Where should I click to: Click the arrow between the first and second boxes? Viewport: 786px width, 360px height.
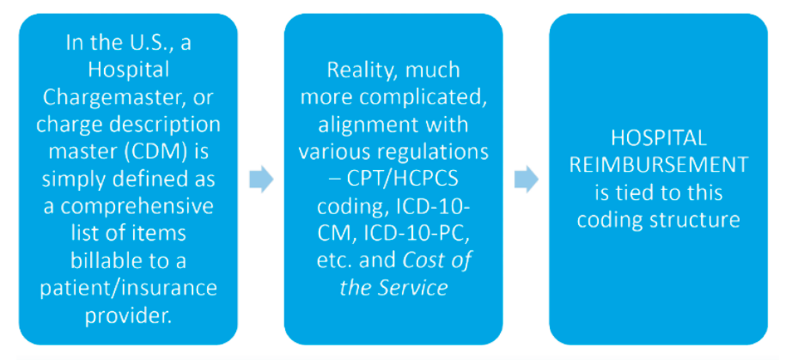click(x=261, y=179)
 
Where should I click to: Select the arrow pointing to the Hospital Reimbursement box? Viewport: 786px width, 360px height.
click(x=526, y=179)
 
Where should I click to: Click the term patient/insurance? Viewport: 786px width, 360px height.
click(x=128, y=290)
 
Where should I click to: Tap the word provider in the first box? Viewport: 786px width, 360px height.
click(x=128, y=317)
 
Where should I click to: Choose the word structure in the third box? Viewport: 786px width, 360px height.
click(x=698, y=220)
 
